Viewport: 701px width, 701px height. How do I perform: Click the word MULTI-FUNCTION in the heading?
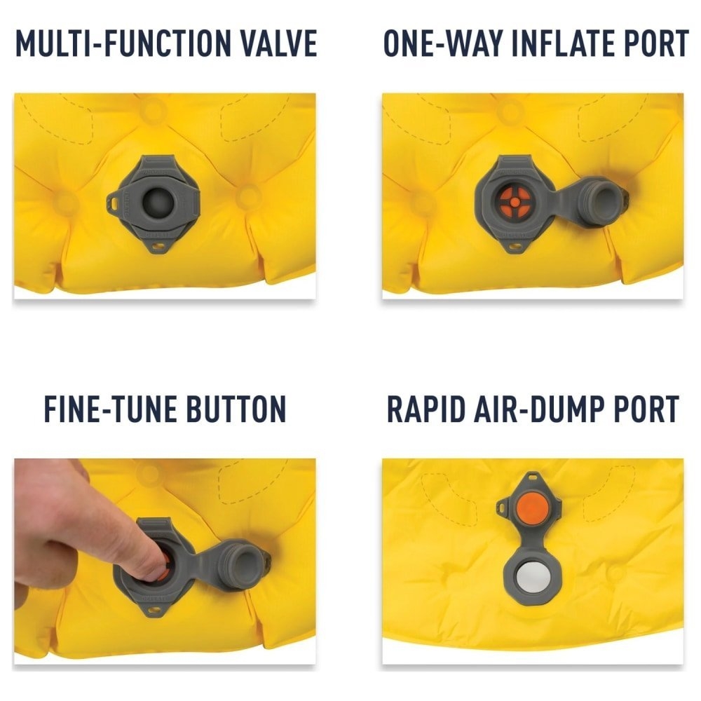click(x=129, y=43)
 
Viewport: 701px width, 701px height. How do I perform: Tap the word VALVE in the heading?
click(x=280, y=43)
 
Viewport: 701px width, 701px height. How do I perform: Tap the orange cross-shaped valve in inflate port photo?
click(x=515, y=202)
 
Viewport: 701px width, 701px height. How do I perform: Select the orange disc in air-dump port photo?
click(x=531, y=506)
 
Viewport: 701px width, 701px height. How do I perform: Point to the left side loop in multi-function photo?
click(x=114, y=203)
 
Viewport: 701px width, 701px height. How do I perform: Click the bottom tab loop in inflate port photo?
click(x=517, y=247)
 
